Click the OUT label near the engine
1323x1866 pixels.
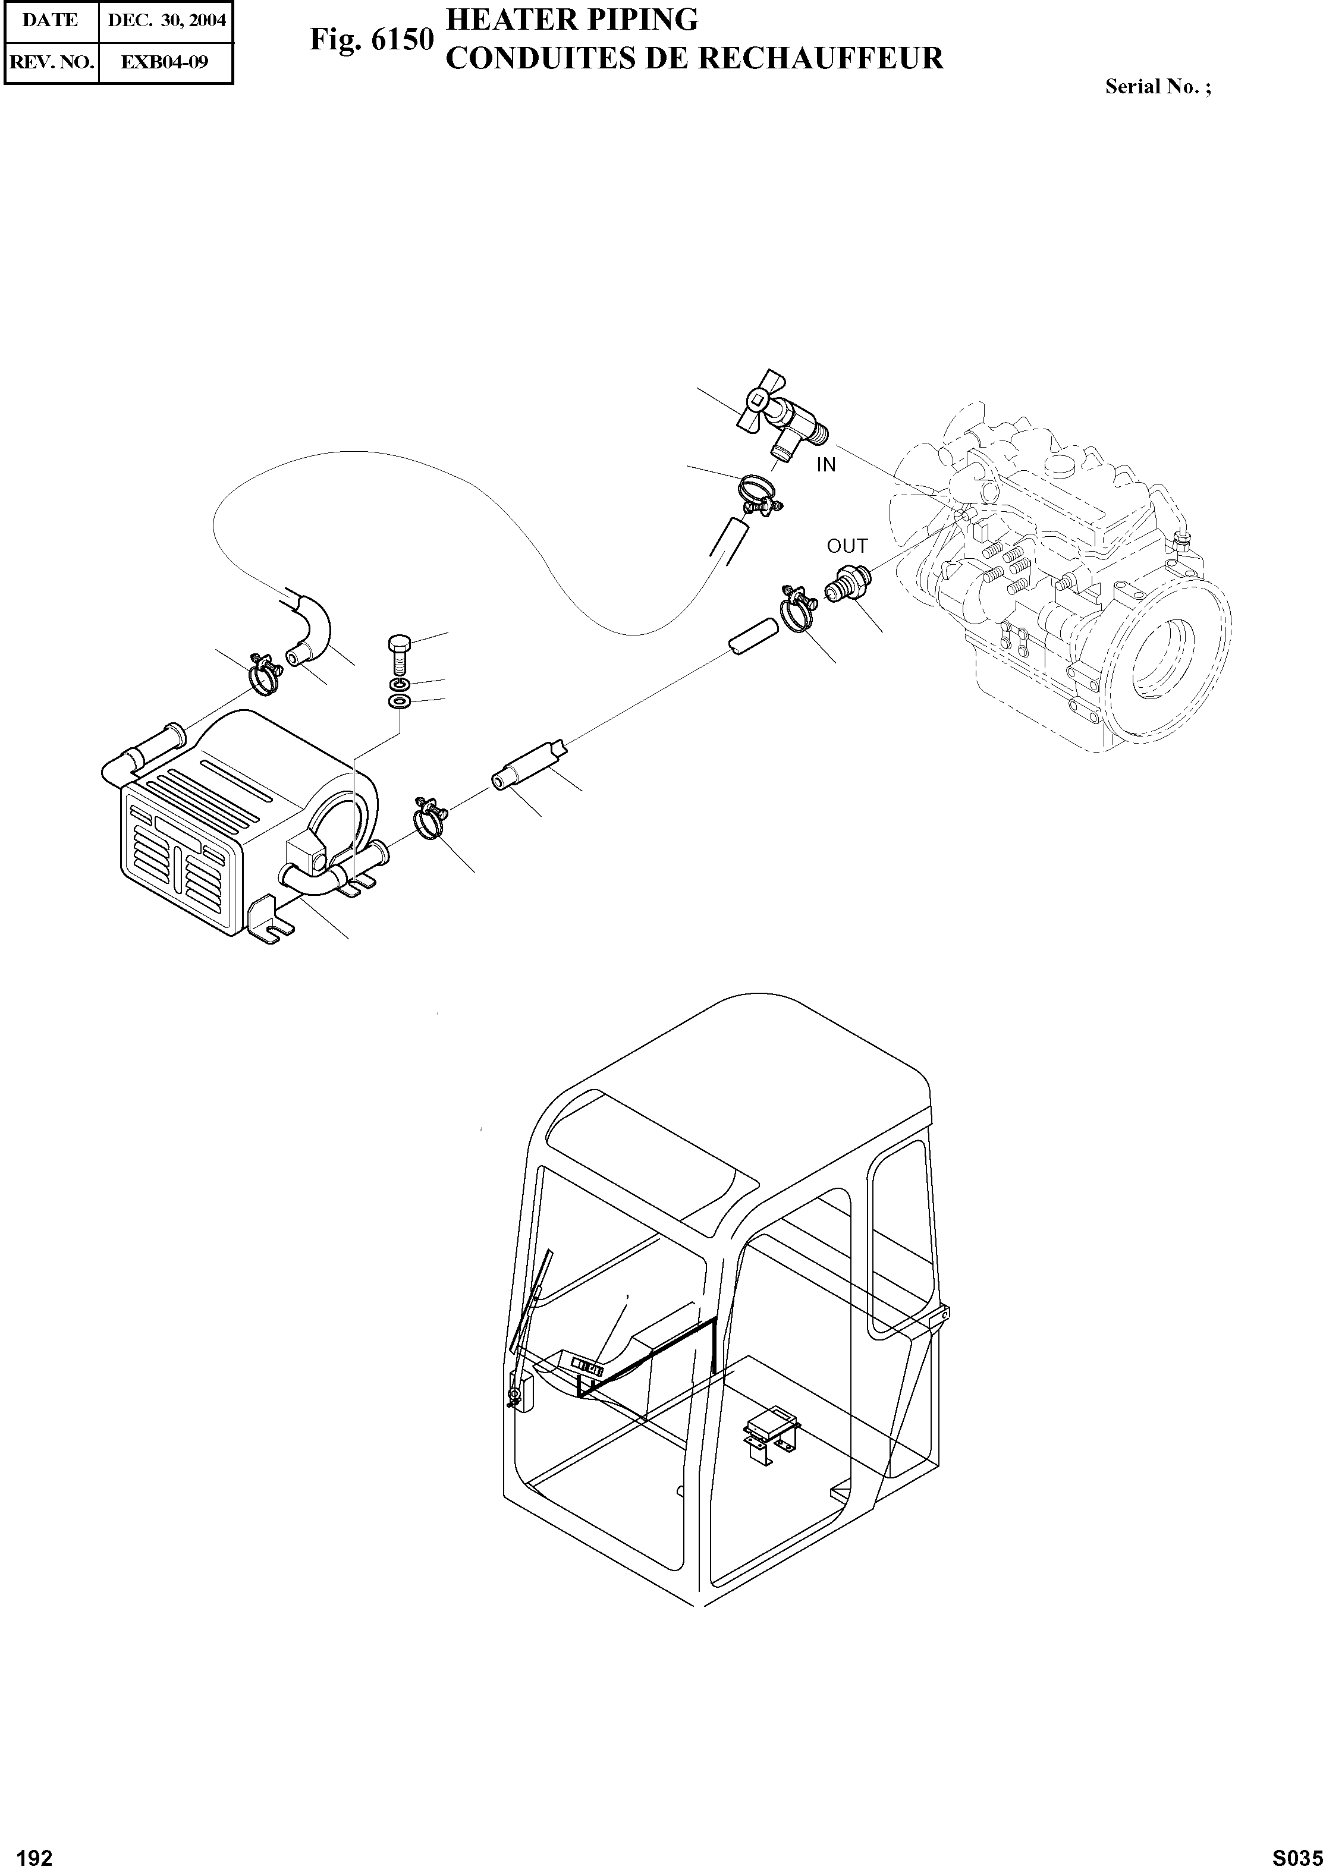pyautogui.click(x=847, y=546)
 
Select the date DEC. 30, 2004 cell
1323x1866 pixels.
pyautogui.click(x=166, y=20)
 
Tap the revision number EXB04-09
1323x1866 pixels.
pyautogui.click(x=165, y=62)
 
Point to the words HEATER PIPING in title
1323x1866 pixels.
pyautogui.click(x=573, y=20)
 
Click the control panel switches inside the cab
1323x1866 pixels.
pyautogui.click(x=586, y=1367)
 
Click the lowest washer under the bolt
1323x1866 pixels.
pyautogui.click(x=398, y=701)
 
